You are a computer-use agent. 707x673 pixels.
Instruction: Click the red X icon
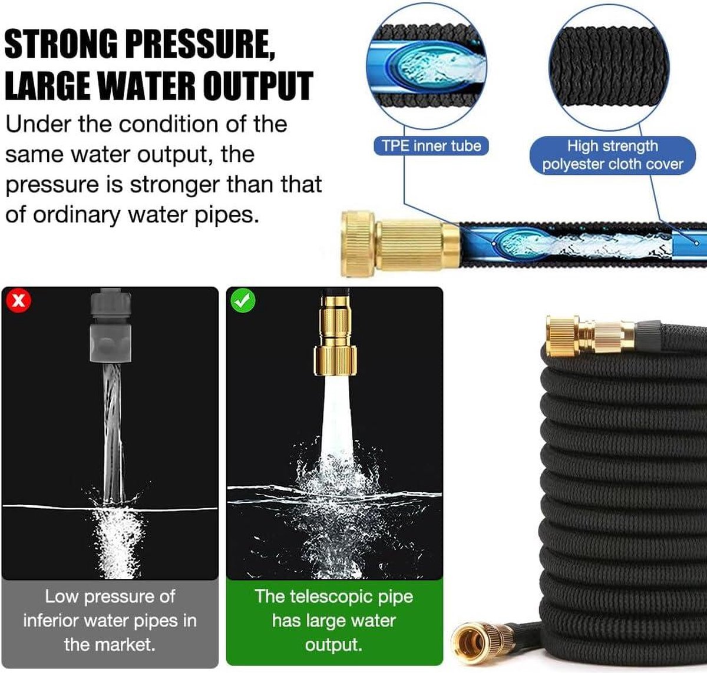pyautogui.click(x=19, y=300)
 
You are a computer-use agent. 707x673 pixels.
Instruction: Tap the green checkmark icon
pyautogui.click(x=243, y=300)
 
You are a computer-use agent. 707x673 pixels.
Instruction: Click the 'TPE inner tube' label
pyautogui.click(x=431, y=146)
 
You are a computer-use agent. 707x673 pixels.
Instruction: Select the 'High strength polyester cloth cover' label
pyautogui.click(x=612, y=155)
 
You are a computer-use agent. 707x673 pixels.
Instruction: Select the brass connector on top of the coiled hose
pyautogui.click(x=590, y=336)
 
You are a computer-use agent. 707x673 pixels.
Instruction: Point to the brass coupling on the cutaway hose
pyautogui.click(x=401, y=244)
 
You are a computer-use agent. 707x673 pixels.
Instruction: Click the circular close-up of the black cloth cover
pyautogui.click(x=610, y=68)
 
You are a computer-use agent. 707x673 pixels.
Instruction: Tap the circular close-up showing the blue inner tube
pyautogui.click(x=427, y=67)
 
